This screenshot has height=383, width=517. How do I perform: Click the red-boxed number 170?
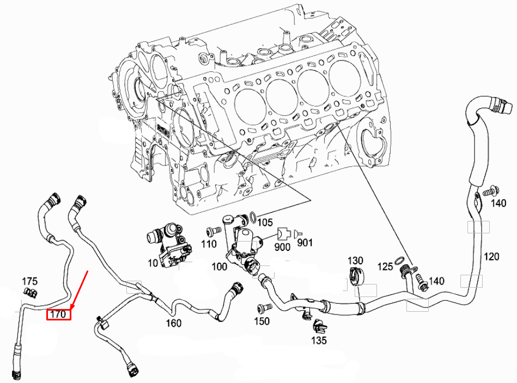point(58,314)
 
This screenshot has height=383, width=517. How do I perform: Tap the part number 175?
point(29,281)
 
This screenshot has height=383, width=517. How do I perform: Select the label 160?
point(173,323)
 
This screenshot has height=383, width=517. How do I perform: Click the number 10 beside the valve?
point(153,263)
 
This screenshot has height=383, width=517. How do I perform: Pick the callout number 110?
point(209,245)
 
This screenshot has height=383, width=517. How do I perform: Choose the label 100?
point(220,267)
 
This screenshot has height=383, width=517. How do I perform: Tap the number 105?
point(265,223)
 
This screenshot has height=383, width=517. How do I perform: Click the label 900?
point(282,246)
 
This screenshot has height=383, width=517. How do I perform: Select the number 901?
point(305,242)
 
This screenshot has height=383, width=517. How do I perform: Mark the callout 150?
point(261,322)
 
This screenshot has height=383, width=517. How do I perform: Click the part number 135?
point(319,341)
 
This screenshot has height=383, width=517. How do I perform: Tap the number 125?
point(385,267)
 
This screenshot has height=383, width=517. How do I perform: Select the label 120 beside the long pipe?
point(491,256)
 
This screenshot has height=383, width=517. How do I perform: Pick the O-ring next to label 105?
point(253,218)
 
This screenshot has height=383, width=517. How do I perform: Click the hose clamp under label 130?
point(356,276)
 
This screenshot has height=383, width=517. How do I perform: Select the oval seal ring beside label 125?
point(398,259)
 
